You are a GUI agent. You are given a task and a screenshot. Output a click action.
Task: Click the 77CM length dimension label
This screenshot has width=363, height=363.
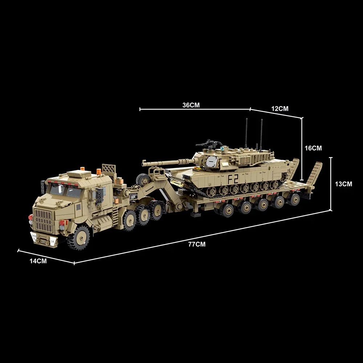click(197, 244)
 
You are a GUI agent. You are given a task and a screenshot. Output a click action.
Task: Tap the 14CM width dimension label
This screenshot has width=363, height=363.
click(38, 260)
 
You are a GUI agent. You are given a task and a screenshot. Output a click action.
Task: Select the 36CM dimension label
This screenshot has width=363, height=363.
click(191, 105)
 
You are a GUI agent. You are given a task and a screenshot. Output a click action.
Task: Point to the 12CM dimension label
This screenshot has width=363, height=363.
click(280, 109)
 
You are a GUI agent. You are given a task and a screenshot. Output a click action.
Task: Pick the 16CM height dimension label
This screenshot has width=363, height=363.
click(313, 148)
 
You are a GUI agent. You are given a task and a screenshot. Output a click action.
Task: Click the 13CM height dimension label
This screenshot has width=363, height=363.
click(343, 184)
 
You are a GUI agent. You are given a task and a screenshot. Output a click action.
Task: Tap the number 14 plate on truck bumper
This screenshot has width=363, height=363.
click(53, 241)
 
